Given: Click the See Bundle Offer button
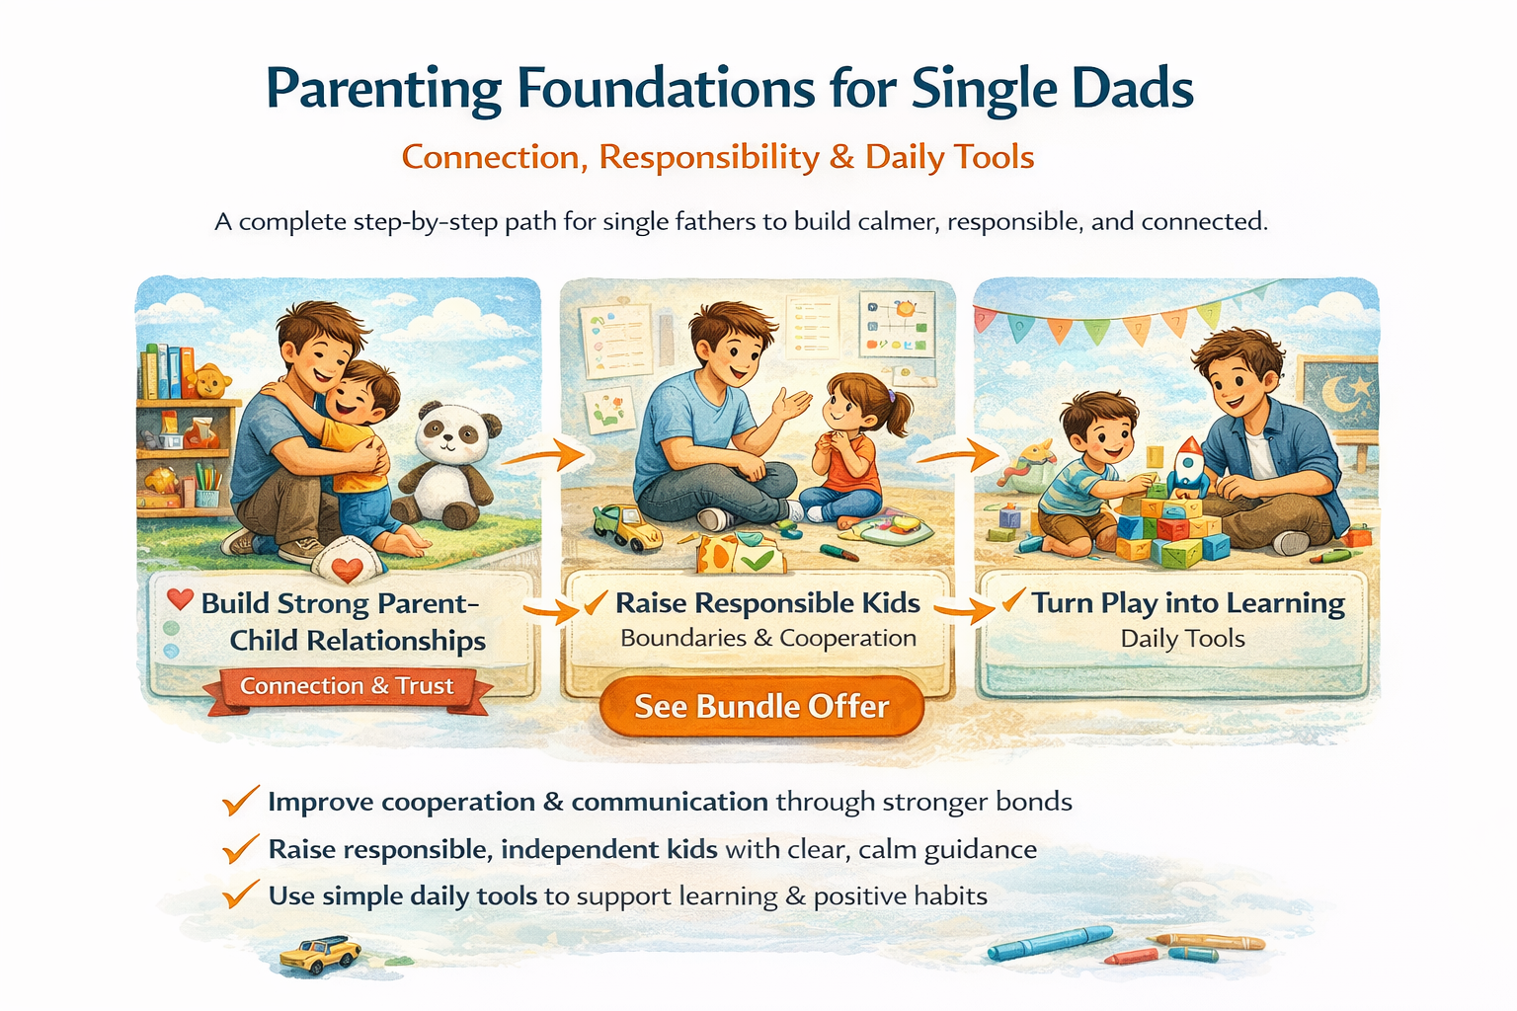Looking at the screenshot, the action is click(x=761, y=706).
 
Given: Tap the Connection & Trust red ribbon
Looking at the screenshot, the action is click(x=348, y=690).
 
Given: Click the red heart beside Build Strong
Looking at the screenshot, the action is click(x=180, y=599).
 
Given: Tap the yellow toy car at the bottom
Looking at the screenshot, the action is click(x=320, y=954).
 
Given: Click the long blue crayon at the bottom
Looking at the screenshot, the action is click(x=1050, y=943).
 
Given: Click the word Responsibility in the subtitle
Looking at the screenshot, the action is click(x=709, y=158).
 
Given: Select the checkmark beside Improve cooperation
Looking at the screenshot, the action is click(x=241, y=800).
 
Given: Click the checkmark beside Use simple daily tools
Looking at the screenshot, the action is click(x=241, y=894).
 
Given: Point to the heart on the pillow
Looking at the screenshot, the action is click(x=348, y=570).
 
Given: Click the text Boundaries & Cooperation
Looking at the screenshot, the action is click(x=768, y=638).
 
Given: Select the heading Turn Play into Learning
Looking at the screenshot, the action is click(x=1188, y=602).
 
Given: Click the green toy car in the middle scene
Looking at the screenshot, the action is click(x=626, y=527).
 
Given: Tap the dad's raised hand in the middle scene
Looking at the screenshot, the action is click(x=791, y=404).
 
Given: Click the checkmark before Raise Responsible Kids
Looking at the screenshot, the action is click(x=596, y=602).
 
